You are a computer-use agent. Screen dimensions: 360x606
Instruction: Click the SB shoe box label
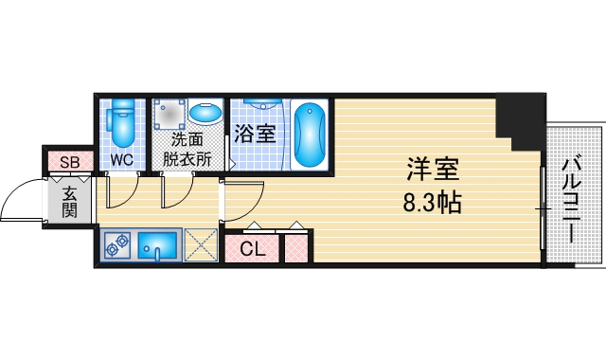(x=69, y=161)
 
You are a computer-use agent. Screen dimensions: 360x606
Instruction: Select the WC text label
(x=121, y=159)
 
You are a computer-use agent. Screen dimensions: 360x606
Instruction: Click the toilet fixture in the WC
(x=121, y=121)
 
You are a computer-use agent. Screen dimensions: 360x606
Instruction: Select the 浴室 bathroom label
(x=255, y=134)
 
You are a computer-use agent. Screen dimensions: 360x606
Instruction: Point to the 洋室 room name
(x=433, y=171)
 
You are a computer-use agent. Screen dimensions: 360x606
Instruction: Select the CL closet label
(x=252, y=249)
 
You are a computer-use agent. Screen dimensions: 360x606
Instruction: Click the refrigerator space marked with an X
(x=200, y=245)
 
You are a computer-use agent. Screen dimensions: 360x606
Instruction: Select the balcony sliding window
(x=542, y=207)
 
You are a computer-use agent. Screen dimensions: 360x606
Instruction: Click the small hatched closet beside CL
(x=296, y=249)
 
